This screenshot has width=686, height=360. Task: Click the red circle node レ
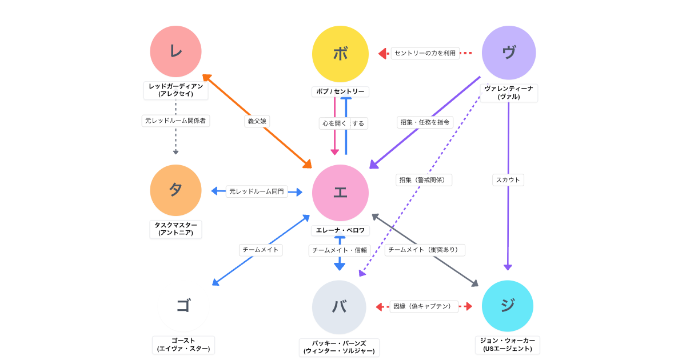pyautogui.click(x=176, y=51)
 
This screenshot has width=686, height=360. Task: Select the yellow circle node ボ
pyautogui.click(x=340, y=54)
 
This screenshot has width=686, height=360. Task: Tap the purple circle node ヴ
pyautogui.click(x=508, y=53)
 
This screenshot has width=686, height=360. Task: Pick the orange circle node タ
pyautogui.click(x=176, y=190)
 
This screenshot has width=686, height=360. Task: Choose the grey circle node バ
pyautogui.click(x=339, y=307)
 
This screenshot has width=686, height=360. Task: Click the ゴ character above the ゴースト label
pyautogui.click(x=183, y=306)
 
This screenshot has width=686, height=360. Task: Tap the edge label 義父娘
pyautogui.click(x=257, y=121)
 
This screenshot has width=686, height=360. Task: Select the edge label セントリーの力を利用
pyautogui.click(x=425, y=53)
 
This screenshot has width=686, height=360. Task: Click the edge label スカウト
pyautogui.click(x=508, y=179)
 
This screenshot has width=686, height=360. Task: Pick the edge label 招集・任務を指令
pyautogui.click(x=425, y=122)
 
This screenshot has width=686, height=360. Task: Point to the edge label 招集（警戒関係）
pyautogui.click(x=424, y=179)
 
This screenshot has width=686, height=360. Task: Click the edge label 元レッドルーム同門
pyautogui.click(x=256, y=191)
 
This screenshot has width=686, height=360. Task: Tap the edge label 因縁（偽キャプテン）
pyautogui.click(x=424, y=306)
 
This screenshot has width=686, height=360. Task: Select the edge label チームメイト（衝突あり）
pyautogui.click(x=424, y=250)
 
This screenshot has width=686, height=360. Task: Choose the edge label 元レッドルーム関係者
pyautogui.click(x=176, y=121)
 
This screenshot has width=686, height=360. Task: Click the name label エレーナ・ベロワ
pyautogui.click(x=340, y=230)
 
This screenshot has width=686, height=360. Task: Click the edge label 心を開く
pyautogui.click(x=333, y=123)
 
